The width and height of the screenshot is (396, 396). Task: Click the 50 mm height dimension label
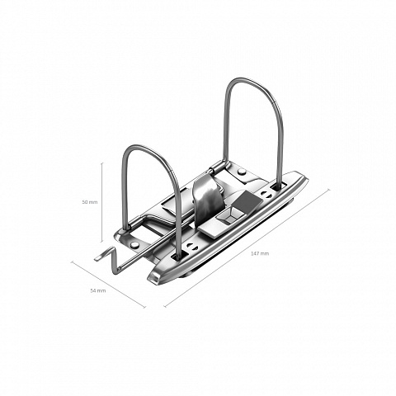pos(90,202)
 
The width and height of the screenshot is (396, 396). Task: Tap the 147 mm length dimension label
pos(260,253)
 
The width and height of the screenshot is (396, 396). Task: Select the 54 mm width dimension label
pos(98,290)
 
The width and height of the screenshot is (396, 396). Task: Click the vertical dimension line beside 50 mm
pos(102,202)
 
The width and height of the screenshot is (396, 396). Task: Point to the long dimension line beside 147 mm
pos(247,248)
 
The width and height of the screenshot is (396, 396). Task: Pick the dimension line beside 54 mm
pos(109,285)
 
